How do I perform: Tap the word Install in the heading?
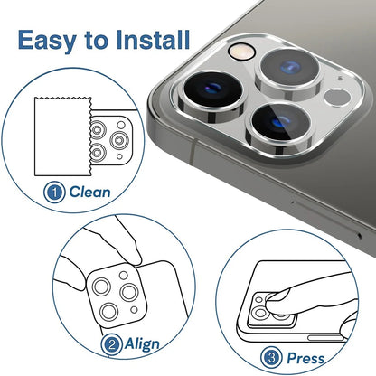[x=149, y=40]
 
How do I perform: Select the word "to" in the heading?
[x=99, y=41]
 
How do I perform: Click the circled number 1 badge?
[x=55, y=193]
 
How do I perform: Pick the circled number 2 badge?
[x=112, y=343]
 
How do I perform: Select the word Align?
[x=143, y=343]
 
